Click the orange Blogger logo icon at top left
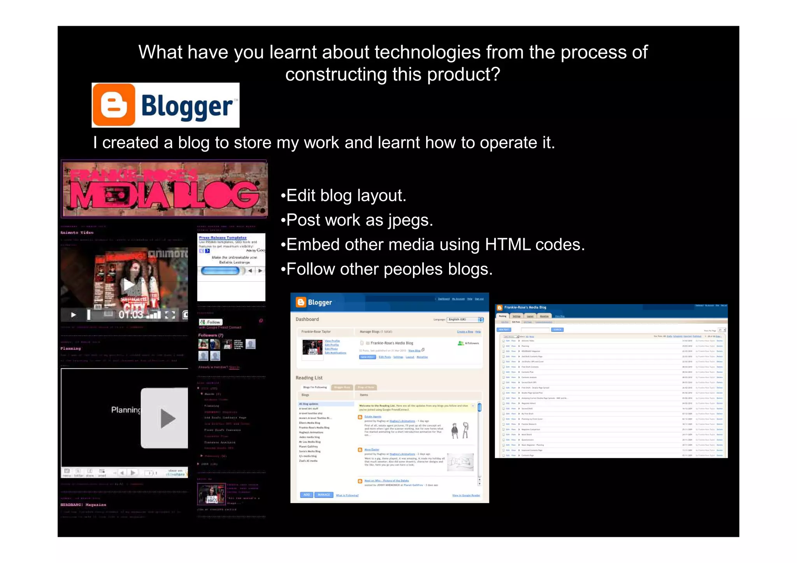(x=114, y=105)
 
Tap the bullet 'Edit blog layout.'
(x=344, y=195)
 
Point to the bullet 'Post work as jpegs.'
(x=357, y=220)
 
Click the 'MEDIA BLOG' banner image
(x=164, y=189)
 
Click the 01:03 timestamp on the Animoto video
(x=130, y=314)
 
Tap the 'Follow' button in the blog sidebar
(x=211, y=322)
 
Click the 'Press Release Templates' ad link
(x=223, y=237)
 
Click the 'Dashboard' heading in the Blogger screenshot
(x=307, y=319)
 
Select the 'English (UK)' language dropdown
(x=465, y=319)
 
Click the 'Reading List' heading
(x=309, y=378)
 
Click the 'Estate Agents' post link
(x=372, y=417)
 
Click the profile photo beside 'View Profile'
(x=312, y=347)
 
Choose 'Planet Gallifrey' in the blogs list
(x=308, y=447)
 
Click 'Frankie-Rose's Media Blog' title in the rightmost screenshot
(x=525, y=307)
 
